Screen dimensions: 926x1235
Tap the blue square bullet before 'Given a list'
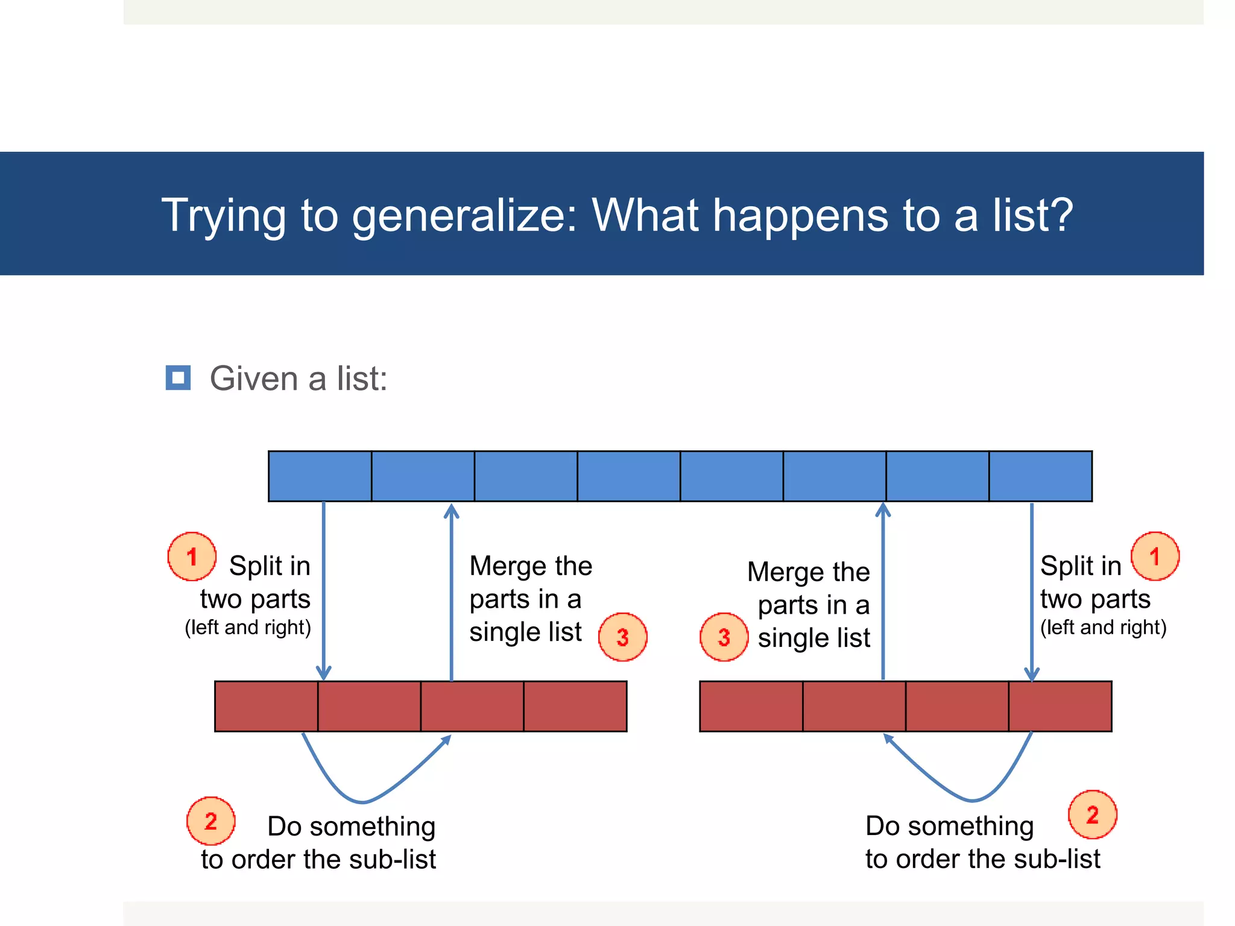click(178, 378)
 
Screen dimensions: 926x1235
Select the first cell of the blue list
click(320, 476)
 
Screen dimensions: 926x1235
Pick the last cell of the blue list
click(1040, 476)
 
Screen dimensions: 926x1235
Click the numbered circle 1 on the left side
click(192, 556)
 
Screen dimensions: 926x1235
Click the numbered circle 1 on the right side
click(1155, 556)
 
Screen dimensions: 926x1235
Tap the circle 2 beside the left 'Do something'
click(210, 821)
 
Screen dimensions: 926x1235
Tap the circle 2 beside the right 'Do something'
click(1092, 815)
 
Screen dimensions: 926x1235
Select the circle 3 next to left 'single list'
click(622, 637)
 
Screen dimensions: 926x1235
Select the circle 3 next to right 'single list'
click(724, 637)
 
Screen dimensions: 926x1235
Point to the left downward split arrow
click(324, 591)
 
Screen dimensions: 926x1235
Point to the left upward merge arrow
click(452, 591)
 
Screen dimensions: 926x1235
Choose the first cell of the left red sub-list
click(266, 707)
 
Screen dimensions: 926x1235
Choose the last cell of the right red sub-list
click(1060, 707)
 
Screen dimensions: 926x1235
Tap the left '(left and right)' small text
click(248, 628)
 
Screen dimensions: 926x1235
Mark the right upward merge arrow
click(883, 591)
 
